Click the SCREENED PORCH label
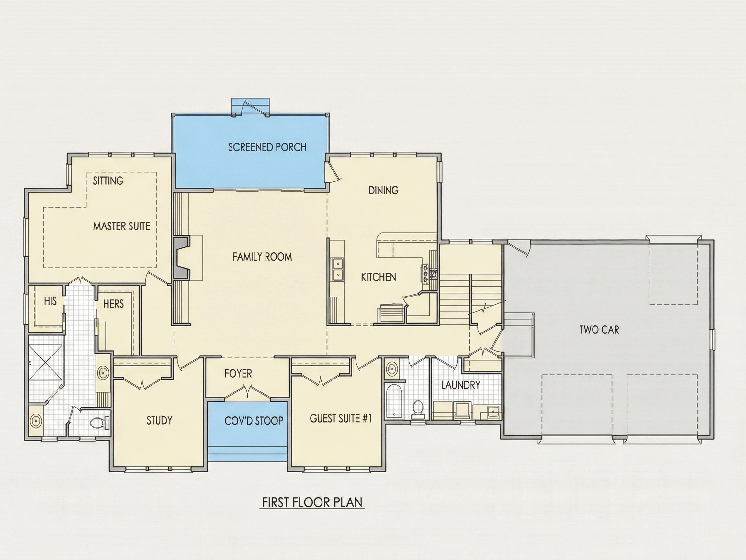(267, 147)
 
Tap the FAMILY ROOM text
(262, 257)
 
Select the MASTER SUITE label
(122, 226)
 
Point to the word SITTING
(108, 181)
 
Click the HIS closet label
(50, 301)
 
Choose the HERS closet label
(113, 304)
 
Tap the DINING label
(383, 190)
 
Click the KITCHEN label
(379, 277)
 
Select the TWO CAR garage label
(599, 330)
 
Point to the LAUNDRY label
(460, 385)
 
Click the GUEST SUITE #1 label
(341, 419)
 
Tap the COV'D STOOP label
(254, 421)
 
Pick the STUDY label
(159, 420)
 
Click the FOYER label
(238, 373)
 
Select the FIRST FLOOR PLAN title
(312, 512)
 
